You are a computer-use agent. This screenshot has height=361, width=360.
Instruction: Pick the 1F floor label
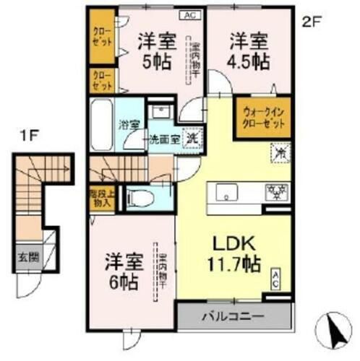point(29,135)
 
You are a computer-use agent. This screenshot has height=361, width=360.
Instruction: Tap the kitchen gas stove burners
point(275,191)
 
